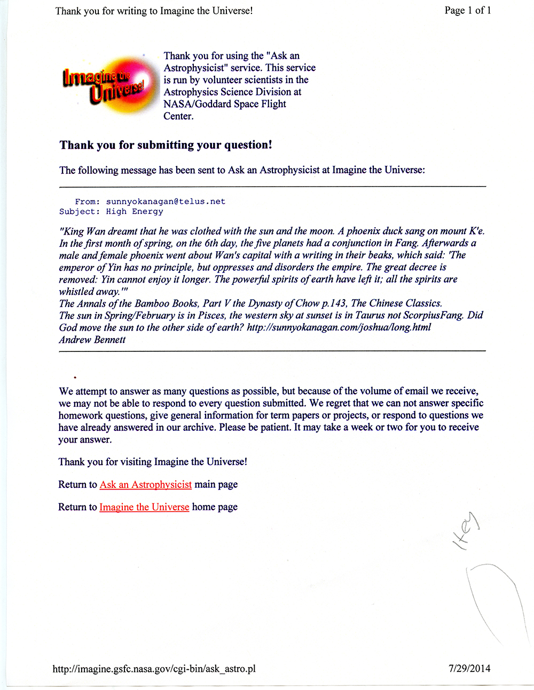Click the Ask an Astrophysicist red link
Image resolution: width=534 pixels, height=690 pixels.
pyautogui.click(x=145, y=484)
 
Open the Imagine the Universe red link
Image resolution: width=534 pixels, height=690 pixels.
pyautogui.click(x=144, y=507)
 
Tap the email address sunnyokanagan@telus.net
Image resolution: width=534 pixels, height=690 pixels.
pyautogui.click(x=166, y=202)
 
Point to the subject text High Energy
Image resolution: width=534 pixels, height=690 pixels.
pyautogui.click(x=135, y=212)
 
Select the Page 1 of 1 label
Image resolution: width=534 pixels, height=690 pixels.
pyautogui.click(x=467, y=10)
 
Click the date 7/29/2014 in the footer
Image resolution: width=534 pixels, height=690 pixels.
pyautogui.click(x=469, y=668)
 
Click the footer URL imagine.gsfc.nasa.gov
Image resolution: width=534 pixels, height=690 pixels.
pyautogui.click(x=154, y=668)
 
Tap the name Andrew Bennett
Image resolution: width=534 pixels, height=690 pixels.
pyautogui.click(x=92, y=340)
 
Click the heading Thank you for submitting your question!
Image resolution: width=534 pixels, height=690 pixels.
pyautogui.click(x=166, y=145)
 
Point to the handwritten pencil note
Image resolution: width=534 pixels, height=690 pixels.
pyautogui.click(x=466, y=531)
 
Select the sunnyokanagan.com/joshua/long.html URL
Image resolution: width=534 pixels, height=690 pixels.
pyautogui.click(x=339, y=327)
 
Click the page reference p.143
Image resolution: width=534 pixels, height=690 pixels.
pyautogui.click(x=334, y=303)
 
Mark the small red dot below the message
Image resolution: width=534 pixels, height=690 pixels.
pyautogui.click(x=75, y=377)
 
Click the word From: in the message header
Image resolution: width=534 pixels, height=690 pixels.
pyautogui.click(x=87, y=202)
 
